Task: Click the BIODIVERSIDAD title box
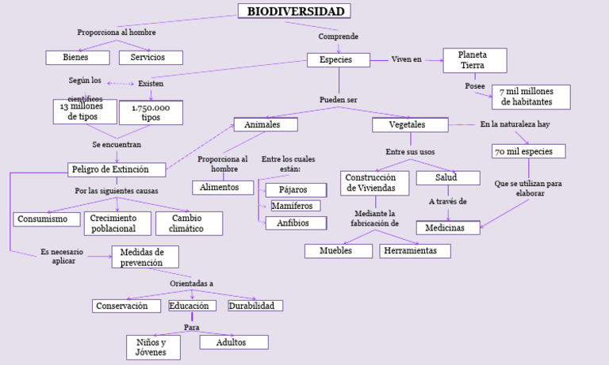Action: click(294, 11)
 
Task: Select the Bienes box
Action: click(77, 57)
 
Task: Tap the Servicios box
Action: click(151, 57)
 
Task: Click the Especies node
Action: click(339, 60)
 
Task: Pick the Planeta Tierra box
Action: click(473, 60)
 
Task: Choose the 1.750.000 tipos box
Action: click(151, 112)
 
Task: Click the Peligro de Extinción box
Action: click(117, 169)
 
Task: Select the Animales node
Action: click(266, 125)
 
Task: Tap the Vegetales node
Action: click(409, 125)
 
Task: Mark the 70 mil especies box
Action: click(529, 151)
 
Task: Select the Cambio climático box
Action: click(187, 223)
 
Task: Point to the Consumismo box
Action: click(47, 219)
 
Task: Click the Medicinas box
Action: click(448, 228)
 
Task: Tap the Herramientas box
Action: click(415, 251)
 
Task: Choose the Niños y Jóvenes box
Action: click(153, 347)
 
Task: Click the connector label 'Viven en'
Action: click(407, 60)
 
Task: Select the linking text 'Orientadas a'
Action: click(191, 283)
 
